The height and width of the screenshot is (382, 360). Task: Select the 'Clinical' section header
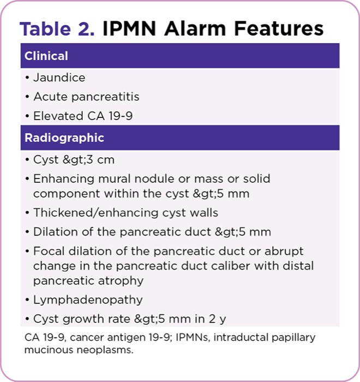coord(46,56)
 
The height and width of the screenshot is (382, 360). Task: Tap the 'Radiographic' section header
coord(64,138)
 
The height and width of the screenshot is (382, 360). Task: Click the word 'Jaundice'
coord(59,77)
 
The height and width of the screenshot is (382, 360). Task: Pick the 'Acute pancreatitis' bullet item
coord(86,97)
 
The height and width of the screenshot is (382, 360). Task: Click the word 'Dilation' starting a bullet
coord(53,231)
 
